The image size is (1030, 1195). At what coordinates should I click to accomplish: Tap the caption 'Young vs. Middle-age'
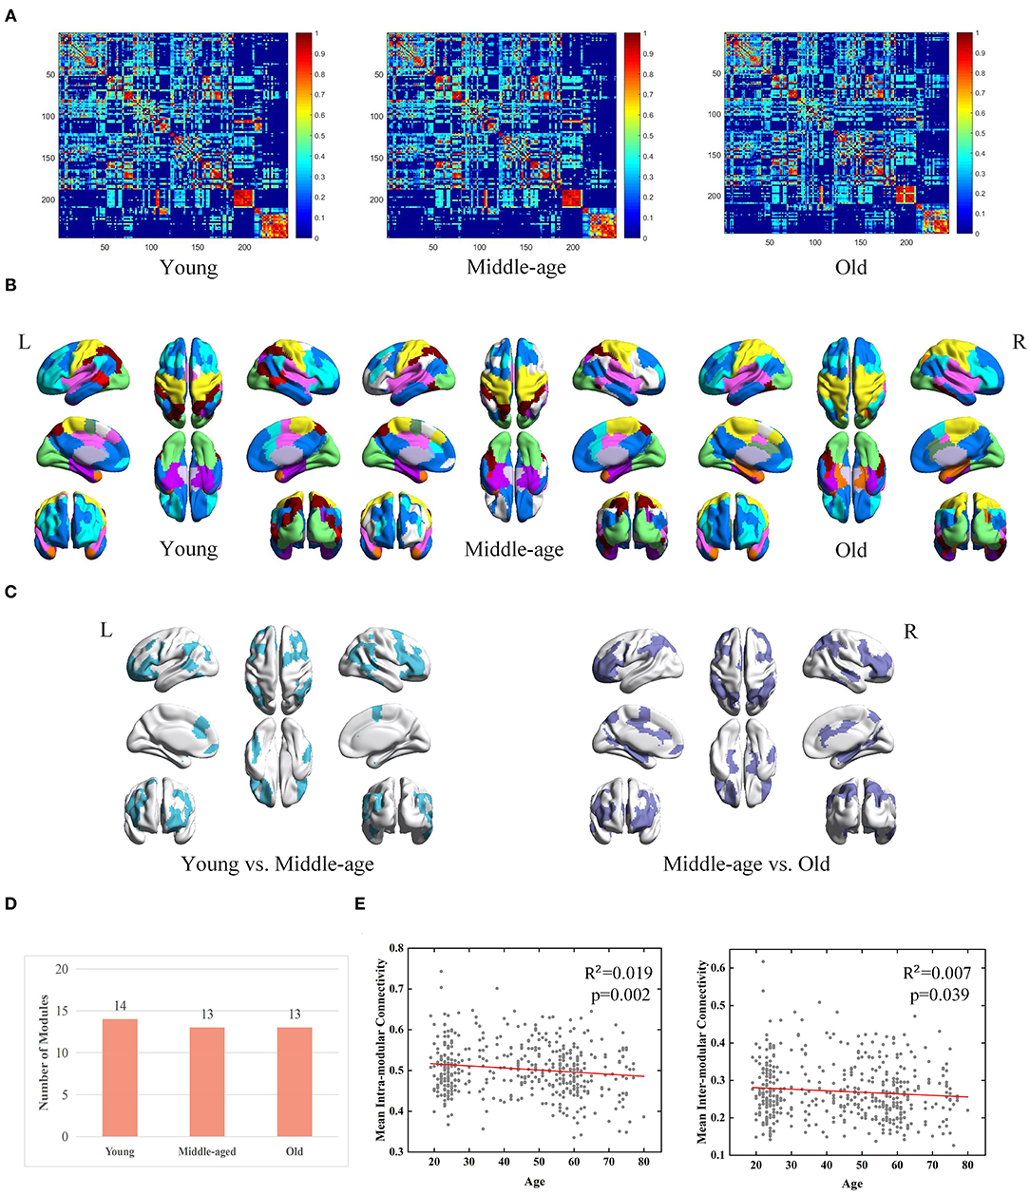pyautogui.click(x=277, y=864)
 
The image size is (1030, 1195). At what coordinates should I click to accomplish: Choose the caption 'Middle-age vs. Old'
pyautogui.click(x=746, y=864)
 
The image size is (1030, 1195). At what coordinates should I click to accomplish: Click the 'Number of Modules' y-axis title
pyautogui.click(x=44, y=1053)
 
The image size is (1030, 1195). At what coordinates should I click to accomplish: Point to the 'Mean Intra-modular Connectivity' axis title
pyautogui.click(x=381, y=1049)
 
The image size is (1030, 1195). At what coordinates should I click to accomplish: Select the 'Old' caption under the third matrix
pyautogui.click(x=850, y=267)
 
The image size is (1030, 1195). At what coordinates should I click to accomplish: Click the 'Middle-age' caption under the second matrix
pyautogui.click(x=516, y=267)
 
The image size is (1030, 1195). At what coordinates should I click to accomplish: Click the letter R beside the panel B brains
pyautogui.click(x=1019, y=342)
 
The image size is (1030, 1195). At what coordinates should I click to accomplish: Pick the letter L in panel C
pyautogui.click(x=106, y=630)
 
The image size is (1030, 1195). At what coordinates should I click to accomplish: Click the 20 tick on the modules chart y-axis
pyautogui.click(x=64, y=969)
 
